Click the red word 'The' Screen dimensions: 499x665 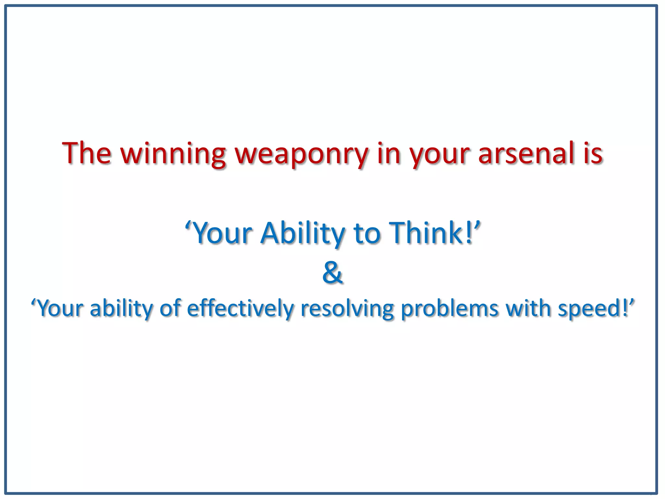[87, 153]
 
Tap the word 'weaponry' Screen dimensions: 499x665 [302, 153]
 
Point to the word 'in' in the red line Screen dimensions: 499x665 [389, 153]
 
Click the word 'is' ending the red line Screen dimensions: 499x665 [593, 153]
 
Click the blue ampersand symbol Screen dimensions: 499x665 [332, 273]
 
